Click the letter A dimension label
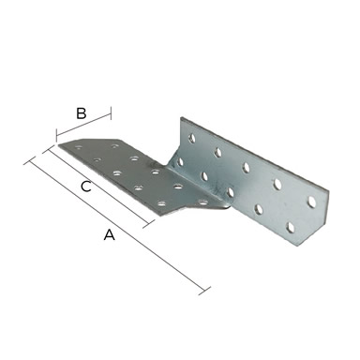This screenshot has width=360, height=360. tap(110, 234)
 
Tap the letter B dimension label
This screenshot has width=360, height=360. tap(82, 113)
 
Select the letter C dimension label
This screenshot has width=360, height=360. tap(85, 187)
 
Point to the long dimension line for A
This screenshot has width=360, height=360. tap(116, 226)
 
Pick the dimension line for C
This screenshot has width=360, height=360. tap(98, 187)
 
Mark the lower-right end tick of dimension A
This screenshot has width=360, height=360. tap(204, 291)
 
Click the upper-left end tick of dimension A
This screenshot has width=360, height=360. tap(29, 161)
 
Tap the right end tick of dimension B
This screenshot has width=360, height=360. tap(111, 113)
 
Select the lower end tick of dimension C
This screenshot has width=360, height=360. tap(149, 224)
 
